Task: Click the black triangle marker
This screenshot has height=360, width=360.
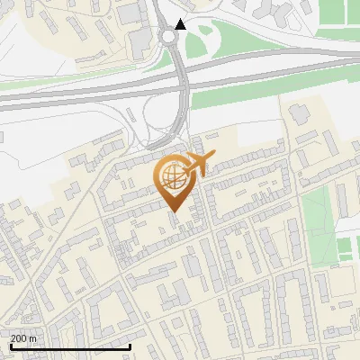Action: (181, 24)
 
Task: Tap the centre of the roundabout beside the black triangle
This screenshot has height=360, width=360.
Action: (168, 37)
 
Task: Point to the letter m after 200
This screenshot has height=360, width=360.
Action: (32, 338)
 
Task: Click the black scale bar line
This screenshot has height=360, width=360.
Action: (70, 346)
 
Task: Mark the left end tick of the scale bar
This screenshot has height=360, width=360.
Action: (11, 346)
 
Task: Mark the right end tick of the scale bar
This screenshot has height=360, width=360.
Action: (130, 346)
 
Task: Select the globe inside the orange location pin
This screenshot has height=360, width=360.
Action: (172, 175)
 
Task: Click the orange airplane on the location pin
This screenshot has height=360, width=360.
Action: (199, 165)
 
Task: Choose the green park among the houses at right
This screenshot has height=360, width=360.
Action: (316, 216)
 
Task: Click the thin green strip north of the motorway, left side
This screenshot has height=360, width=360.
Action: (54, 82)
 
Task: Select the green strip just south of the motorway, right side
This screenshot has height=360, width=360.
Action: (270, 91)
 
